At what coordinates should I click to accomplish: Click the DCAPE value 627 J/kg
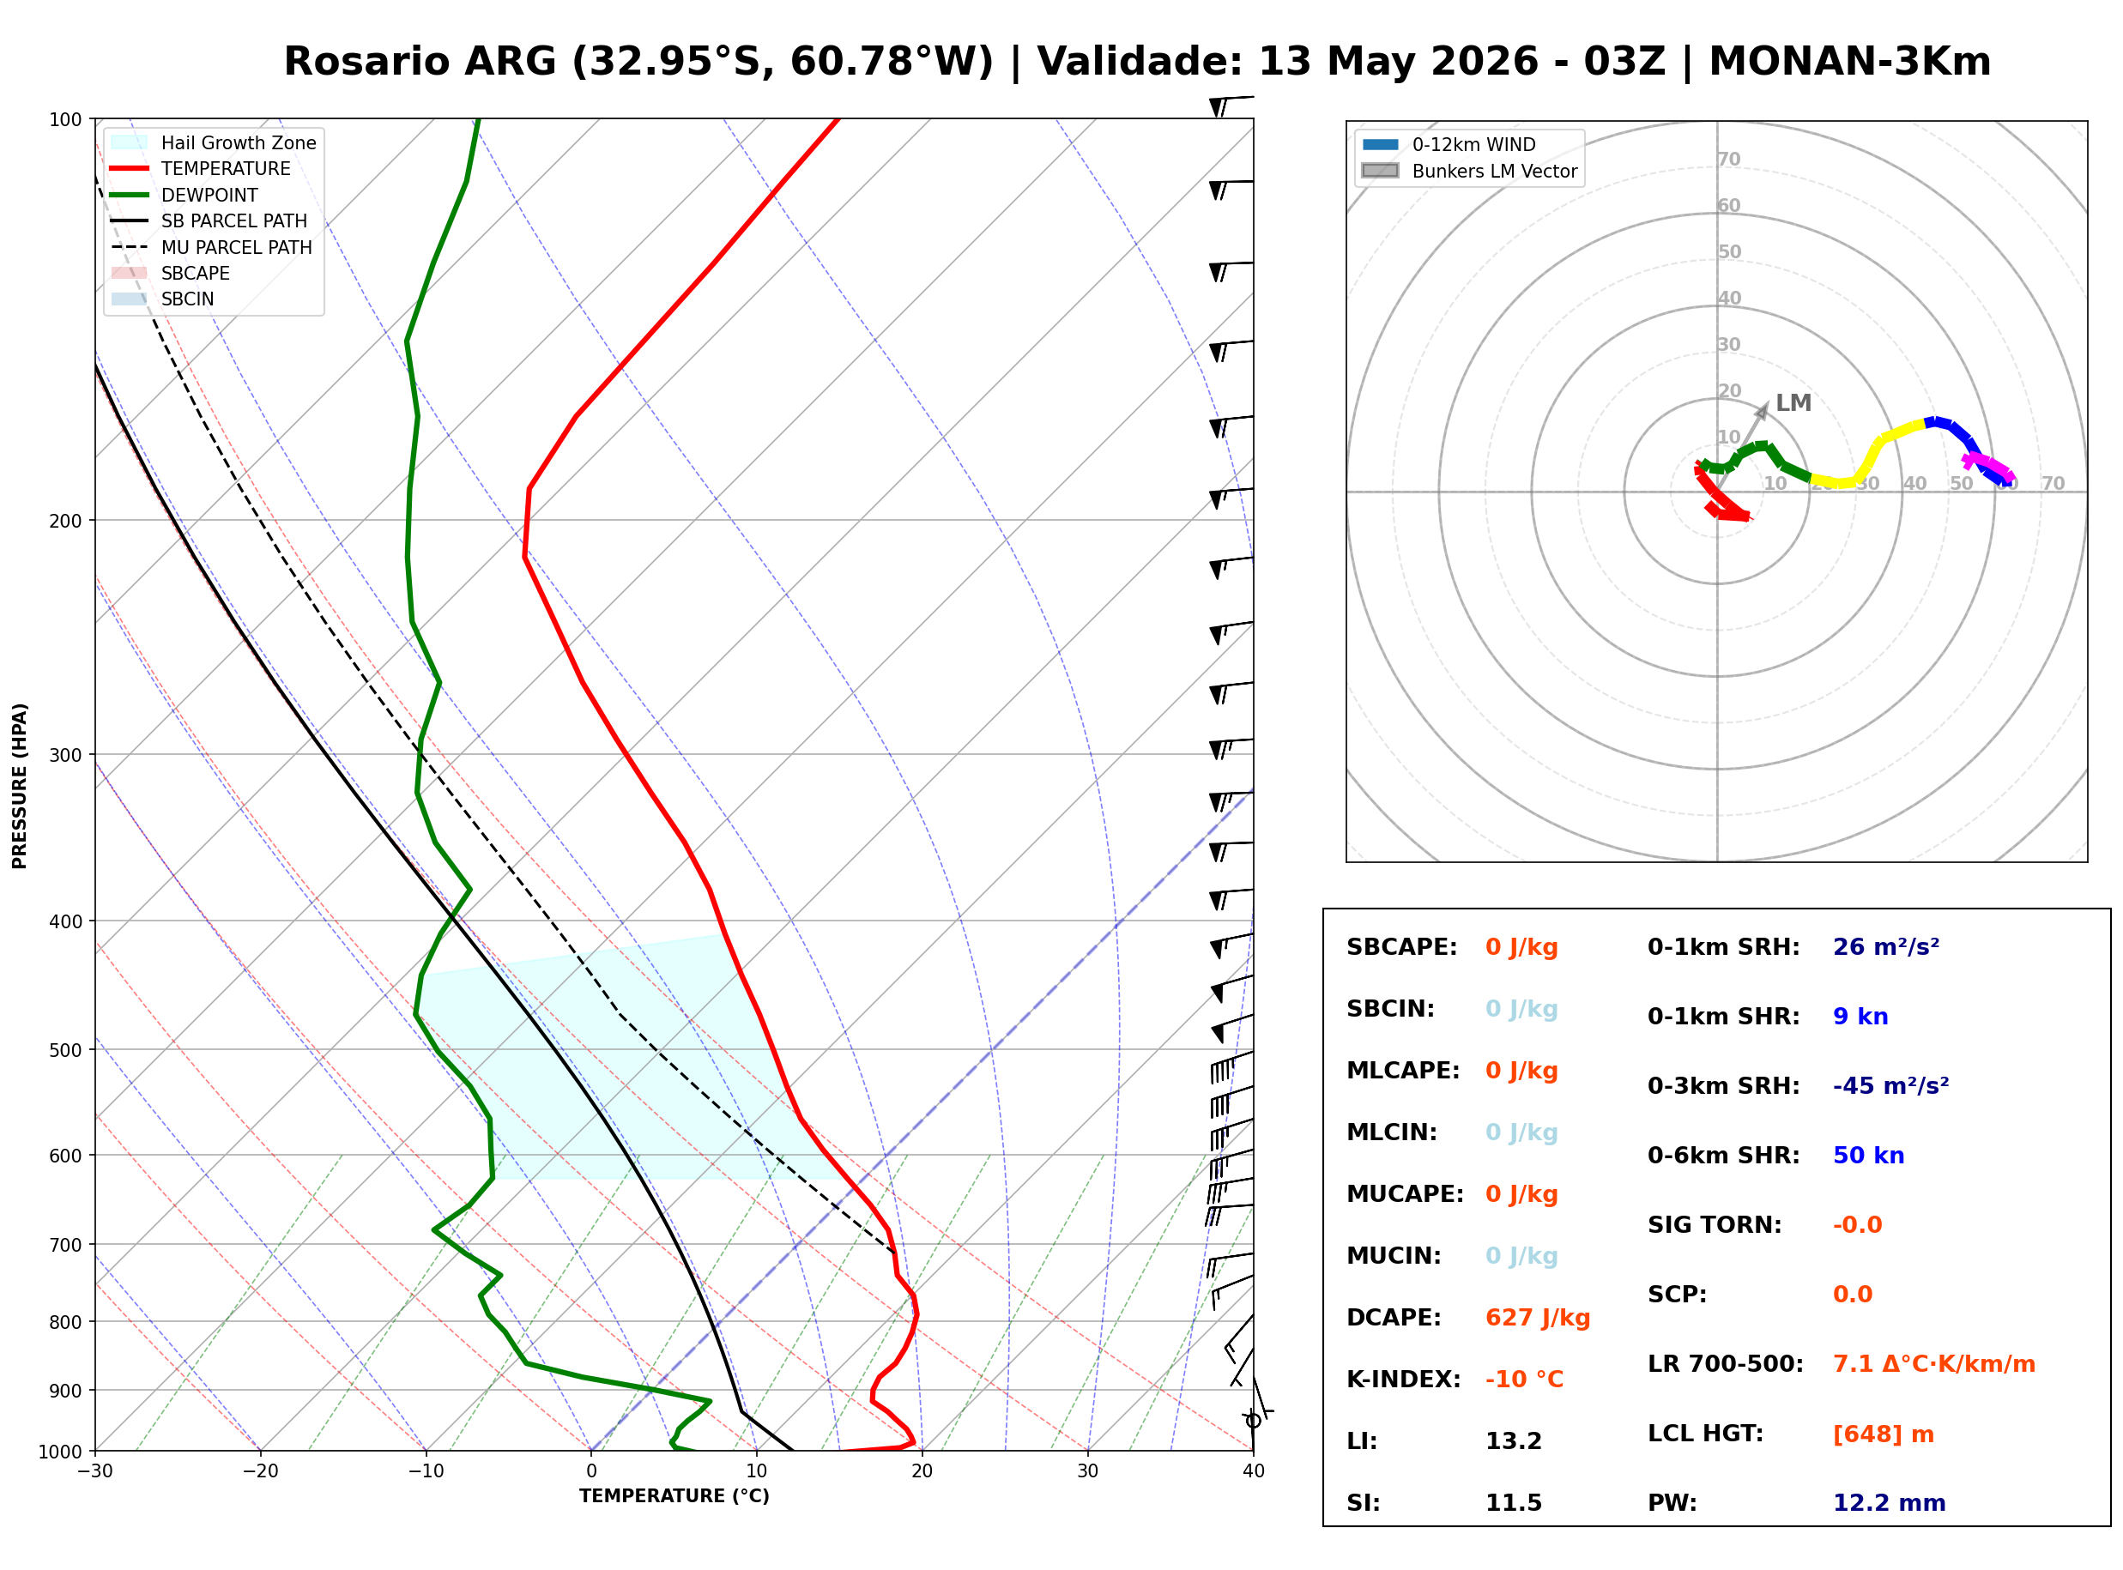pos(1538,1318)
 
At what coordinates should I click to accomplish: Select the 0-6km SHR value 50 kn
pos(1868,1156)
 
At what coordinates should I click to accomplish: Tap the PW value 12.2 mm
pos(1890,1503)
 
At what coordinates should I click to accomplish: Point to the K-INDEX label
pos(1404,1379)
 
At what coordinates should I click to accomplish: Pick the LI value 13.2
pos(1514,1441)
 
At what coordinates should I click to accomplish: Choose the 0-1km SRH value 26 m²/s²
pos(1886,946)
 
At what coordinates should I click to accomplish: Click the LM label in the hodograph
pos(1793,403)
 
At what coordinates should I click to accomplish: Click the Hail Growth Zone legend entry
pos(214,142)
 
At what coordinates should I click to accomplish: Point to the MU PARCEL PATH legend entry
pos(212,247)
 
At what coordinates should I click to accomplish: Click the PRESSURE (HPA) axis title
pos(20,786)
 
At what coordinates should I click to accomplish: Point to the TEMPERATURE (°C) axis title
pos(674,1496)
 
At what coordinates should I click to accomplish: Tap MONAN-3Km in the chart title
pos(1849,62)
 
